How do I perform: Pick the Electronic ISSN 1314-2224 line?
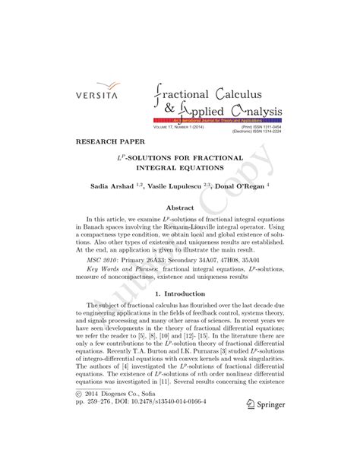pyautogui.click(x=258, y=132)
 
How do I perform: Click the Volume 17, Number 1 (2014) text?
pyautogui.click(x=180, y=126)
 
